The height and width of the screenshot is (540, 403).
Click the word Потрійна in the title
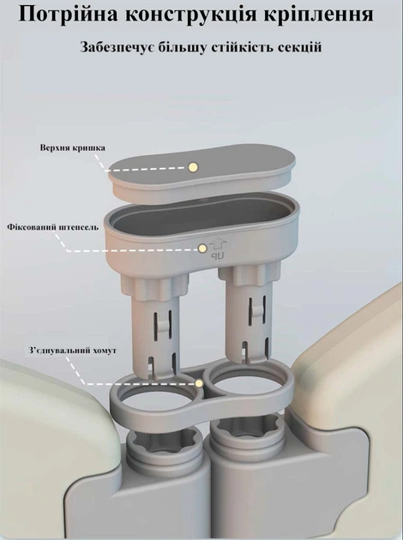pyautogui.click(x=68, y=15)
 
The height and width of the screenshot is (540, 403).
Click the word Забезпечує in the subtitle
pyautogui.click(x=117, y=47)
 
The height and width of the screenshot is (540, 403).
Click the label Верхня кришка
pyautogui.click(x=73, y=148)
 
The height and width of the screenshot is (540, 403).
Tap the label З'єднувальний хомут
pyautogui.click(x=72, y=351)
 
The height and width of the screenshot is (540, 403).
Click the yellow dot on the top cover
pyautogui.click(x=193, y=167)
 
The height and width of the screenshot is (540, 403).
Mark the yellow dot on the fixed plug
pyautogui.click(x=202, y=248)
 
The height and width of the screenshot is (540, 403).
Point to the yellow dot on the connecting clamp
pyautogui.click(x=199, y=383)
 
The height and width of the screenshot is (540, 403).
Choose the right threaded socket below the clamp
pyautogui.click(x=247, y=429)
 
